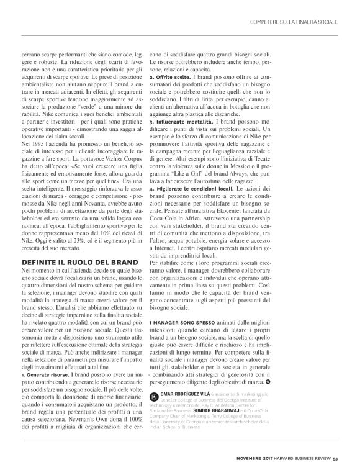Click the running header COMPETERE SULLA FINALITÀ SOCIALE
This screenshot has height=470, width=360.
pos(293,22)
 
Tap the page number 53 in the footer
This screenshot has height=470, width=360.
pos(335,459)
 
